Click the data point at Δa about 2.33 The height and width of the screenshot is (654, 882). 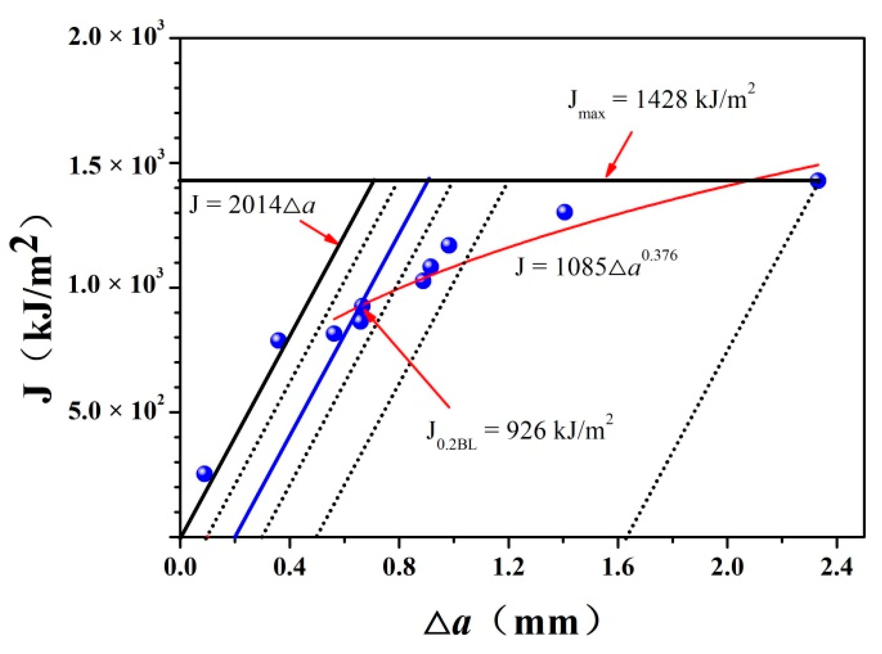click(x=818, y=180)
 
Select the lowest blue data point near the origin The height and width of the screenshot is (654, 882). click(x=204, y=473)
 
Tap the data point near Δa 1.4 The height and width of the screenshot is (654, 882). click(x=564, y=212)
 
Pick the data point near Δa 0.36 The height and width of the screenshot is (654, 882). click(x=278, y=340)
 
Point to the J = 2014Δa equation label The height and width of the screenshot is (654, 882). click(x=252, y=205)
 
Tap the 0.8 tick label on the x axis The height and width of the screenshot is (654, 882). click(x=399, y=567)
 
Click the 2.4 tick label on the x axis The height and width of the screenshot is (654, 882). click(x=836, y=567)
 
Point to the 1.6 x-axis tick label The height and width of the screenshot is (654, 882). click(x=618, y=567)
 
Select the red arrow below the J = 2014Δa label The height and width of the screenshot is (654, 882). click(x=320, y=233)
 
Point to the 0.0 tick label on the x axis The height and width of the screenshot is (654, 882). click(x=180, y=567)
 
